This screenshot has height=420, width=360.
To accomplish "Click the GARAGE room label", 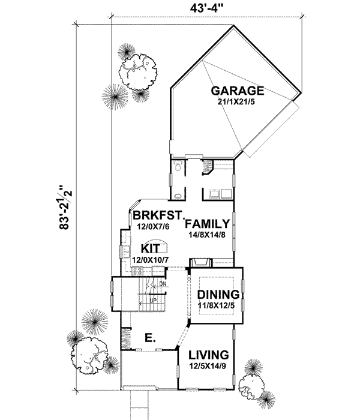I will pyautogui.click(x=238, y=91).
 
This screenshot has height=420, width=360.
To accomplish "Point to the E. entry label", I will pyautogui.click(x=151, y=339).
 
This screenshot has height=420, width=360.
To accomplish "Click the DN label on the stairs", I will pyautogui.click(x=163, y=283).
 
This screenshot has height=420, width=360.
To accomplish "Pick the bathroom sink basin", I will pyautogui.click(x=178, y=196).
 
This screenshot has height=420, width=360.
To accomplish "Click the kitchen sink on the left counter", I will pyautogui.click(x=127, y=251).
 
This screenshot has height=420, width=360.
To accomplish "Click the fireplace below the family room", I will pyautogui.click(x=200, y=262).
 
